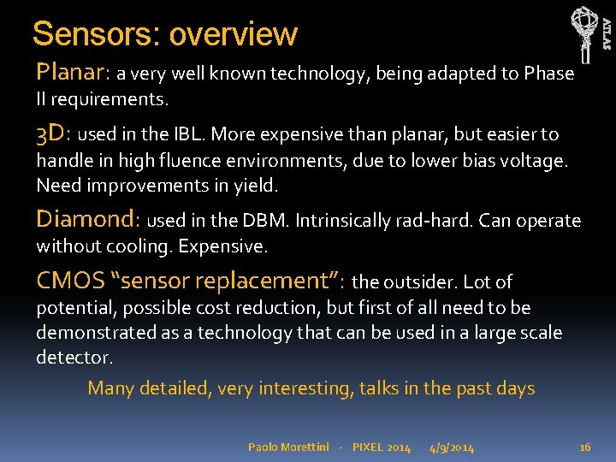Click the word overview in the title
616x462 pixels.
pos(233,34)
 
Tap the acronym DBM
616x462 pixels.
pos(267,221)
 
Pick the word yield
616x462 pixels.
pos(255,185)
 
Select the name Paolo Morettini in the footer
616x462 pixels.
pos(287,447)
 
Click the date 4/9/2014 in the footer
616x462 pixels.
pos(453,447)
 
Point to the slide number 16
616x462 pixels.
pos(585,447)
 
